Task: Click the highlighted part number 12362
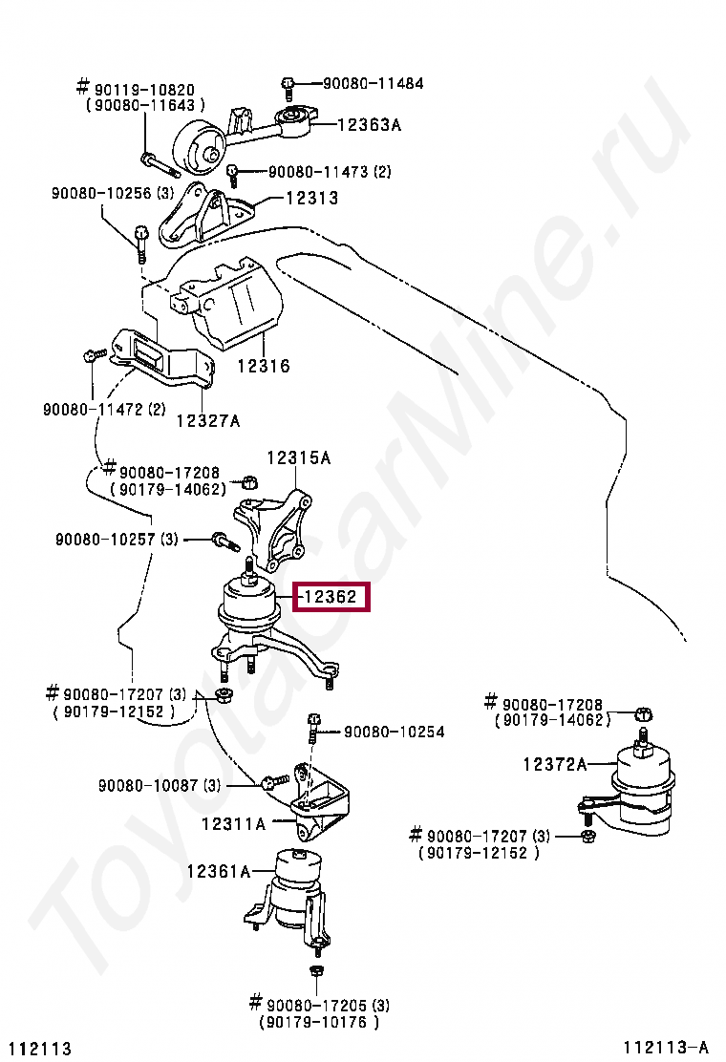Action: tap(330, 598)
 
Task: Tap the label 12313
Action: tap(310, 199)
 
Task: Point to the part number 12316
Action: tap(263, 366)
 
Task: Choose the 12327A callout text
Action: tap(207, 420)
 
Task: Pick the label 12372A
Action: tap(554, 764)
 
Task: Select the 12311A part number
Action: tap(233, 822)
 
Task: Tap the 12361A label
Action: tap(218, 871)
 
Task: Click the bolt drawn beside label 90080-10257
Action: tap(222, 542)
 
